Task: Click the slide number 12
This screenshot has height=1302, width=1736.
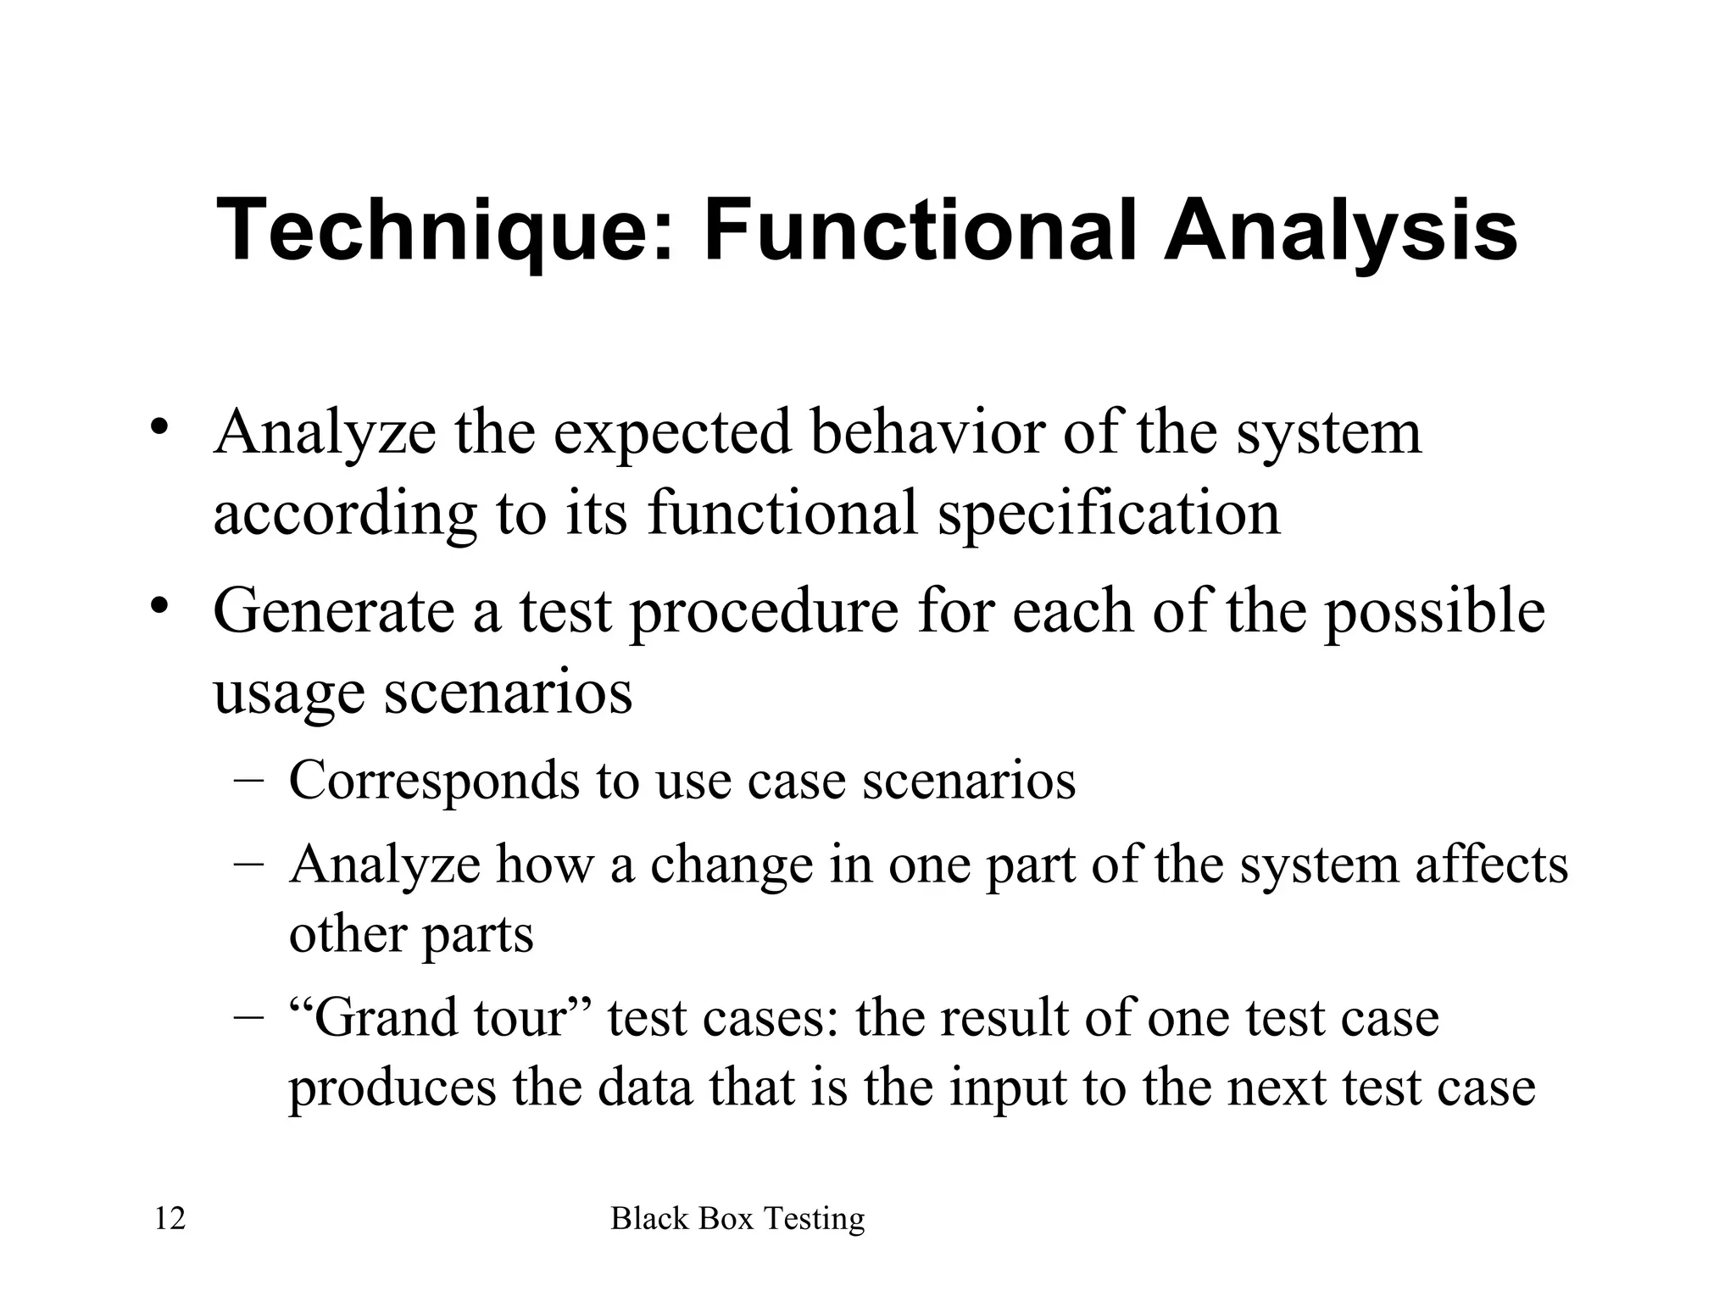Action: coord(170,1219)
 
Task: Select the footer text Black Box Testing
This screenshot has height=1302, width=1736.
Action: coord(737,1219)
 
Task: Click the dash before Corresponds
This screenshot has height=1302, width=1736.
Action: coord(248,781)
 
